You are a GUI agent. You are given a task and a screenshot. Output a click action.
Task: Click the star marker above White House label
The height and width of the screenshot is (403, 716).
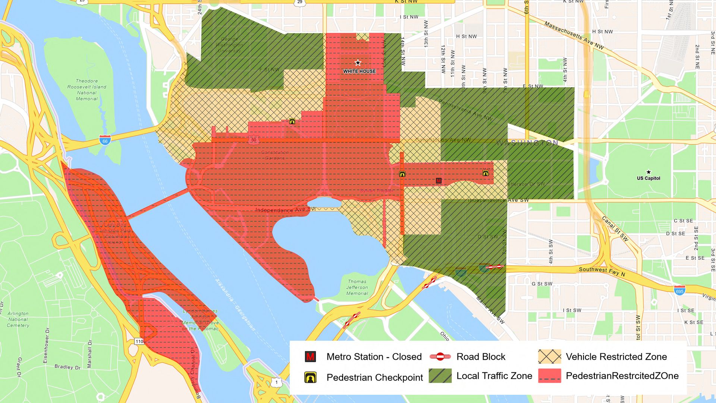point(358,62)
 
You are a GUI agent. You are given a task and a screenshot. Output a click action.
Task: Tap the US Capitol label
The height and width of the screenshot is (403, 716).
point(648,178)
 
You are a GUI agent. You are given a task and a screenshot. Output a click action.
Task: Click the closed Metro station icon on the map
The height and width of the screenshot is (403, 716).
point(439,181)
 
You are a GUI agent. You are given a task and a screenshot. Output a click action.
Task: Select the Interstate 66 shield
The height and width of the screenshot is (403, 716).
point(105,140)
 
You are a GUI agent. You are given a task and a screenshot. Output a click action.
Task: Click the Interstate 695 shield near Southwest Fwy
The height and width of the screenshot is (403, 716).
point(679,290)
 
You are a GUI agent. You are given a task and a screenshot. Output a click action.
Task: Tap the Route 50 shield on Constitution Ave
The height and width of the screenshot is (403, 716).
point(254,140)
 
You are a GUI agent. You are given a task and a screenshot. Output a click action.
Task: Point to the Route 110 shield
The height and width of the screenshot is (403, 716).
point(139,341)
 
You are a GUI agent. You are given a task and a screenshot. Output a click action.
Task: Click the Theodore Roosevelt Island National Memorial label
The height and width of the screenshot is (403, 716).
point(87,90)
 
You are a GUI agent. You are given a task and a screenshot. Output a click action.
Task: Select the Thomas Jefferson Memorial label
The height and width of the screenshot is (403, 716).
point(357,287)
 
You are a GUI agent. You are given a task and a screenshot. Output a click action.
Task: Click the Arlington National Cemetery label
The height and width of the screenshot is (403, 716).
point(18,319)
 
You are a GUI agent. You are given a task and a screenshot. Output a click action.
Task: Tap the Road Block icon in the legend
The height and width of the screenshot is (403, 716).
point(440,357)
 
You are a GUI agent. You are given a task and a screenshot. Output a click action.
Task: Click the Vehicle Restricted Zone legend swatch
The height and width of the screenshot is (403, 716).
point(549,357)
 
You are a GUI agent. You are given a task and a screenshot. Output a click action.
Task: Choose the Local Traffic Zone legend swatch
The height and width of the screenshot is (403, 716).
point(440,376)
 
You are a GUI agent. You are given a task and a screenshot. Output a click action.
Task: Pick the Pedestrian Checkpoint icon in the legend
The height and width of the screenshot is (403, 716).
point(310,377)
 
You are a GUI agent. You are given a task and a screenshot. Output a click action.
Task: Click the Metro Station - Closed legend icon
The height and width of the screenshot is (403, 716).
point(310,357)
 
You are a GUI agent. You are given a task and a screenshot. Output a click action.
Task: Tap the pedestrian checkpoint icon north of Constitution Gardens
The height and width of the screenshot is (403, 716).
point(292,121)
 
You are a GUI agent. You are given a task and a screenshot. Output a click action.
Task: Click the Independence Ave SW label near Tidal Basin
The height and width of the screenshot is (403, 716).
point(285,210)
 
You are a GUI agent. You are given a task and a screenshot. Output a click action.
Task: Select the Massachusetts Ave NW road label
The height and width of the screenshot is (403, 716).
point(574,35)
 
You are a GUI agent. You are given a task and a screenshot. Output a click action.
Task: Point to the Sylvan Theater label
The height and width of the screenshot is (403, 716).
point(376,191)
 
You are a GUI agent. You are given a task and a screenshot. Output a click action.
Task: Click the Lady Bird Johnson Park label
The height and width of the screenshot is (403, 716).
point(115,233)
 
